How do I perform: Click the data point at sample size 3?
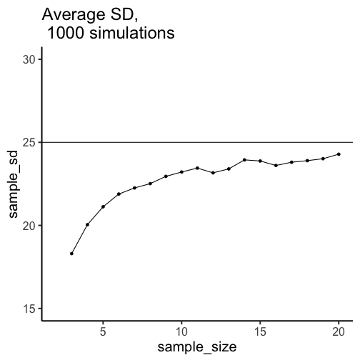pyautogui.click(x=71, y=254)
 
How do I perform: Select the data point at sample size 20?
pyautogui.click(x=339, y=154)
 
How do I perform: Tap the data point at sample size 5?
pyautogui.click(x=103, y=206)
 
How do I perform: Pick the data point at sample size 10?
pyautogui.click(x=181, y=172)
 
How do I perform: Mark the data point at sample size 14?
pyautogui.click(x=244, y=160)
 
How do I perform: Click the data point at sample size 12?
pyautogui.click(x=213, y=173)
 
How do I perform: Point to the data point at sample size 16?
pyautogui.click(x=276, y=166)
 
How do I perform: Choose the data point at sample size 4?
pyautogui.click(x=87, y=224)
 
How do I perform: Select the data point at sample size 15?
pyautogui.click(x=260, y=161)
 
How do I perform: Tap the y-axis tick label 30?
pyautogui.click(x=29, y=59)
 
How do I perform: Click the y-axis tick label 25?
pyautogui.click(x=29, y=143)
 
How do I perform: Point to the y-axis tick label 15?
pyautogui.click(x=29, y=309)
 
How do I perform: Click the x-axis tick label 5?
pyautogui.click(x=103, y=331)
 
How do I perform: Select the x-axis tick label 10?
pyautogui.click(x=181, y=331)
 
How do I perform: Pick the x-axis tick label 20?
pyautogui.click(x=339, y=331)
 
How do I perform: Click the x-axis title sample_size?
pyautogui.click(x=197, y=347)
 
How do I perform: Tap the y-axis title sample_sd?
pyautogui.click(x=14, y=184)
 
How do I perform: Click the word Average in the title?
pyautogui.click(x=74, y=15)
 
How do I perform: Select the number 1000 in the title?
pyautogui.click(x=66, y=33)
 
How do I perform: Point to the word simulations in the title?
pyautogui.click(x=132, y=33)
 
